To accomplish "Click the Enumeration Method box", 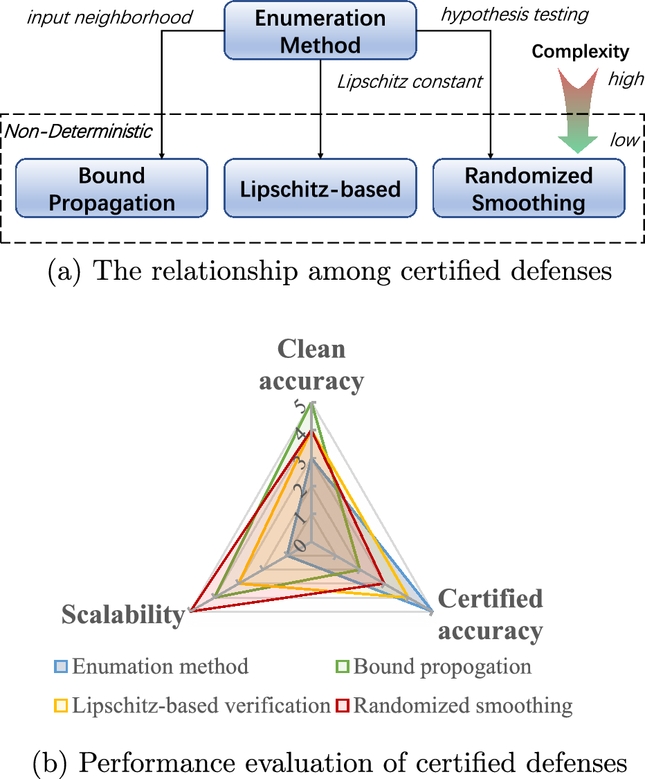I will coord(320,30).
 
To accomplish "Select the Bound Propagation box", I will coord(112,189).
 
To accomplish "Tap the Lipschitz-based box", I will coord(320,189).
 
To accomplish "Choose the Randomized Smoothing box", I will coord(529,189).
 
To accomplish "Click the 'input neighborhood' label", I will coord(109,17).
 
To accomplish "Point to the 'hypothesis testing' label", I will coord(514,14).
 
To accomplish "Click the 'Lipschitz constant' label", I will coord(410,82).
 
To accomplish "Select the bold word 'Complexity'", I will coord(580,51).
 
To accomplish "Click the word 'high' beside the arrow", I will coord(625,80).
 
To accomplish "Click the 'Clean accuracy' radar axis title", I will coord(311,365).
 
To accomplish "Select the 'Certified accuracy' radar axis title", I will coord(490,614).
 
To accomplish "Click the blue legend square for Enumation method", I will coord(62,667).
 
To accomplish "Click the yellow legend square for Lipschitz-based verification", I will coord(62,706).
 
